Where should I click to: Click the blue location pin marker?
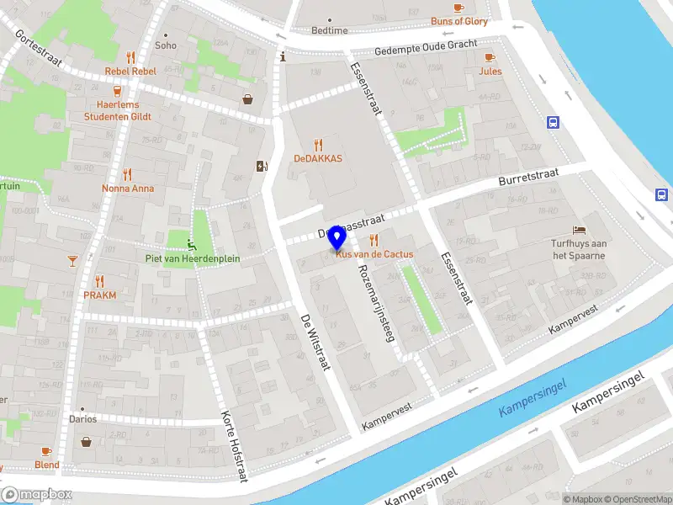pyautogui.click(x=337, y=238)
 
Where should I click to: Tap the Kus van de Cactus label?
pyautogui.click(x=375, y=254)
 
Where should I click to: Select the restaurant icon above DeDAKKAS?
pyautogui.click(x=317, y=144)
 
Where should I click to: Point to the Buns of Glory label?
pyautogui.click(x=458, y=21)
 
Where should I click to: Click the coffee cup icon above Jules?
pyautogui.click(x=490, y=57)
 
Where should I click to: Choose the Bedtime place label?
pyautogui.click(x=329, y=30)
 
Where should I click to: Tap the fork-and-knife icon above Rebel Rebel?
pyautogui.click(x=130, y=57)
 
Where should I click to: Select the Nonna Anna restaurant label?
pyautogui.click(x=128, y=189)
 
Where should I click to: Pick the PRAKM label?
pyautogui.click(x=99, y=295)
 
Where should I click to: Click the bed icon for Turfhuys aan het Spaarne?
pyautogui.click(x=579, y=230)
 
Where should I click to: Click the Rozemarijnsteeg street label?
pyautogui.click(x=376, y=303)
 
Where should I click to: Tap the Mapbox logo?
pyautogui.click(x=37, y=495)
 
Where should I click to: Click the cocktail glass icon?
pyautogui.click(x=72, y=260)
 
